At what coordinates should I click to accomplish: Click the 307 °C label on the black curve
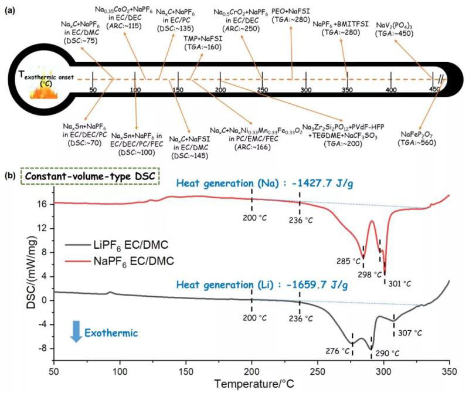tap(410, 332)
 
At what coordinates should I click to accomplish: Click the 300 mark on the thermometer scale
tap(305, 89)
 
